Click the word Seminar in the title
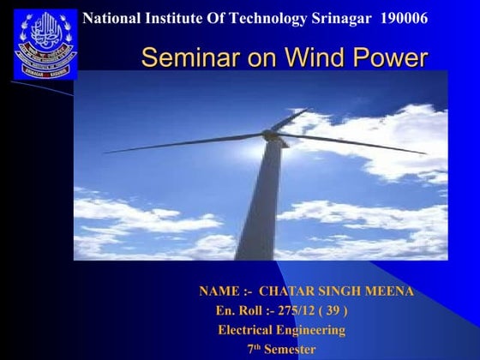(x=183, y=58)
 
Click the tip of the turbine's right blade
(x=425, y=153)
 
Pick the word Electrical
(x=245, y=329)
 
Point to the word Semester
(x=290, y=349)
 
